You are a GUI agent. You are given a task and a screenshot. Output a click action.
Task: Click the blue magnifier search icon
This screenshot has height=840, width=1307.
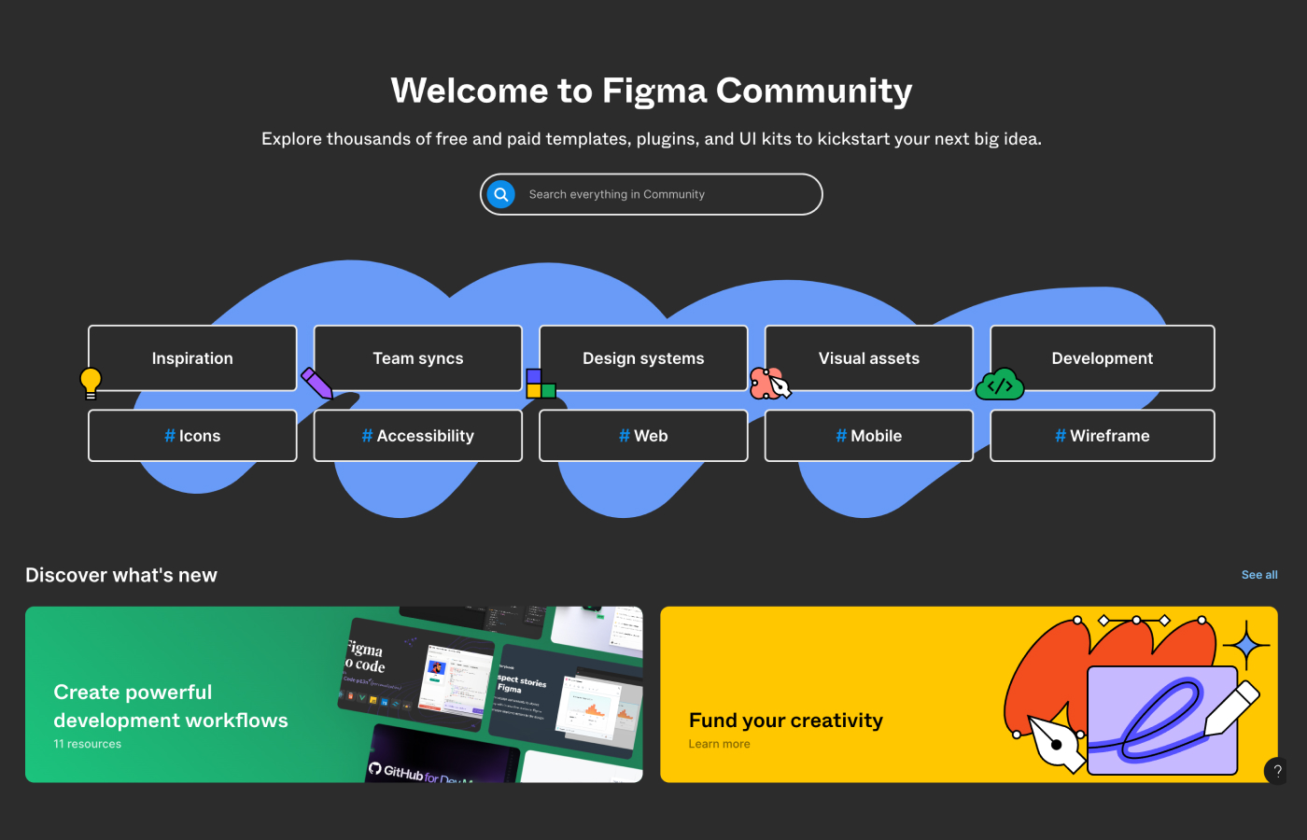coord(501,194)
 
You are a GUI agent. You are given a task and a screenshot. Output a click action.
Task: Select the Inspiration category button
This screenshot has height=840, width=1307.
coord(192,358)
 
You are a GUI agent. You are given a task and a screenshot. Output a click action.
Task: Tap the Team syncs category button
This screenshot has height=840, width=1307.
coord(417,358)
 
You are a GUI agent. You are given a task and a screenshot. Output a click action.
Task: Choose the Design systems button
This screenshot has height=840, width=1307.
coord(643,358)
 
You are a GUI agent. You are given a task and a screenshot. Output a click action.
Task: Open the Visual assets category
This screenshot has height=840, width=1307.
coord(868,358)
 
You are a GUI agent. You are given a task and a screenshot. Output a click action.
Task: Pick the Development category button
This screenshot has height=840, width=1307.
coord(1102,358)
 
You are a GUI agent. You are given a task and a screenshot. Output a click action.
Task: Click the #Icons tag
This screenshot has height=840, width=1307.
coord(192,436)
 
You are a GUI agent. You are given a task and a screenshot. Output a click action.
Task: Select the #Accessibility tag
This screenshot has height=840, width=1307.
coord(417,436)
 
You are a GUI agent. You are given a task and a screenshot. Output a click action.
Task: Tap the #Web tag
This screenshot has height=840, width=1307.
coord(643,436)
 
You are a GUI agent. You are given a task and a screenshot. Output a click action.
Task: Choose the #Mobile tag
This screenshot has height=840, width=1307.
coord(868,436)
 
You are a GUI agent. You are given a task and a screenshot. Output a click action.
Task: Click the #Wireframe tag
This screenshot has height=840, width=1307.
coord(1102,436)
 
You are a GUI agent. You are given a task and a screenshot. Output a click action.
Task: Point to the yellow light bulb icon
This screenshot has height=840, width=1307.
coord(91,382)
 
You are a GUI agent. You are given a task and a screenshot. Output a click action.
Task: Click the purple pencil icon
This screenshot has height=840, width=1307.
coord(317,383)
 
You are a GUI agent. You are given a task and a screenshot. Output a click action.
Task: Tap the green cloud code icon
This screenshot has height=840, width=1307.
coord(1000,385)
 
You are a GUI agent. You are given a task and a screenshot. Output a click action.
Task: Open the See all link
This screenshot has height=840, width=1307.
coord(1259,575)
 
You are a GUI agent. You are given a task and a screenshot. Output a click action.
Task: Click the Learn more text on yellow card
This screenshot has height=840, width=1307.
coord(719,744)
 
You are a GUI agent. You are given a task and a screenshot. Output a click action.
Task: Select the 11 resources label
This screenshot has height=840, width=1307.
coord(88,744)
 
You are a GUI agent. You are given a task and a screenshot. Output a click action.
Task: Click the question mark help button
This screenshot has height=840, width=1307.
coord(1277,771)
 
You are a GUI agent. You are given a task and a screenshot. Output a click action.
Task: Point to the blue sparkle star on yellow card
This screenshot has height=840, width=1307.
coord(1246,645)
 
